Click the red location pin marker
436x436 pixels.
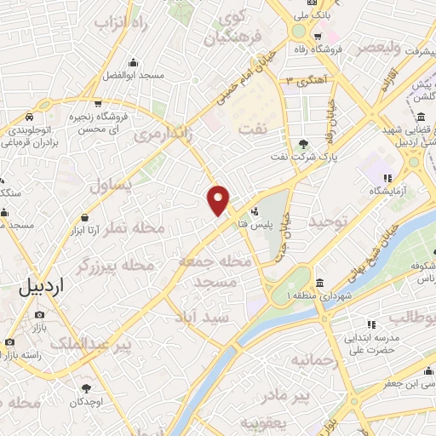pos(219,199)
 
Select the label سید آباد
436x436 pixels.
pos(204,316)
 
